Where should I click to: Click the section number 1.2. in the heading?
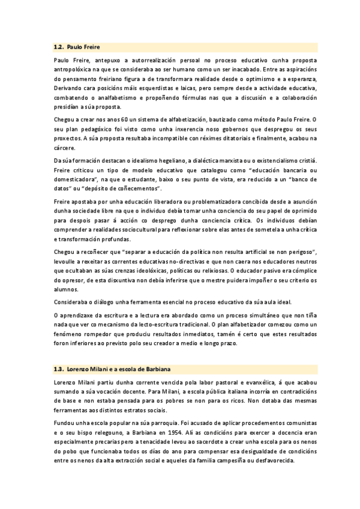pyautogui.click(x=59, y=46)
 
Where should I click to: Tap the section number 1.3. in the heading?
pyautogui.click(x=59, y=367)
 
